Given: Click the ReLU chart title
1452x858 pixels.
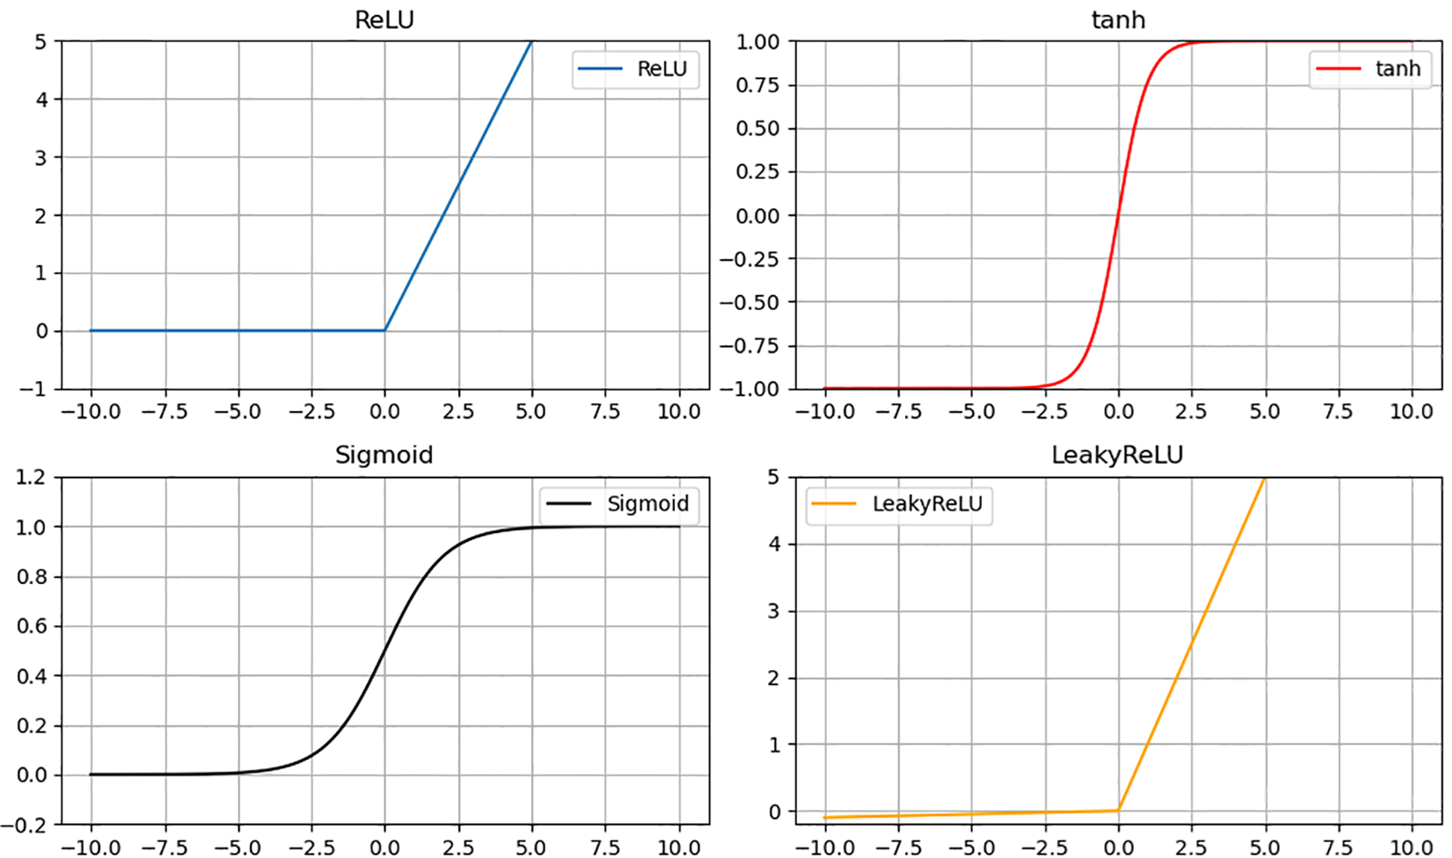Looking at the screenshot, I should (384, 19).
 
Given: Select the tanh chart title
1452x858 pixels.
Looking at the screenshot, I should (1118, 19).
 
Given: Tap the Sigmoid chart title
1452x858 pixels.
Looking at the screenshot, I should (384, 455).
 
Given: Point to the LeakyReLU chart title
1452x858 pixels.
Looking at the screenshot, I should (1117, 455).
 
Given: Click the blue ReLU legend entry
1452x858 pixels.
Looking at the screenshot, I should (635, 69).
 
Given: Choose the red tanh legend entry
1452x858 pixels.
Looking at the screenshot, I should (1369, 69).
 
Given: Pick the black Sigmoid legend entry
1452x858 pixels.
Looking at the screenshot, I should (619, 504).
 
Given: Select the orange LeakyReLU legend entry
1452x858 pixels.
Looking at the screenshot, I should (899, 504).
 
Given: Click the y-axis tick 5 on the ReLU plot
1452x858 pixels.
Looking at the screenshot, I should (41, 42).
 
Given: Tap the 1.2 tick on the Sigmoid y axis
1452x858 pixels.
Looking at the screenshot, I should (30, 478).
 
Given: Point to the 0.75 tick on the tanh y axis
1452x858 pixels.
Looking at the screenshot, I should (758, 85).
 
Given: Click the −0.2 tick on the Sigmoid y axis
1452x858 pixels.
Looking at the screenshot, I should (24, 825).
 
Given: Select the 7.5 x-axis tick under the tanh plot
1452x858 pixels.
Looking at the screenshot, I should (1338, 411).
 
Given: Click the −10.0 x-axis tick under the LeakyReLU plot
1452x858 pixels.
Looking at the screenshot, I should (824, 847).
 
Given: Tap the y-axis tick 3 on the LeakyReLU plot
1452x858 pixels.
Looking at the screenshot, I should (773, 611).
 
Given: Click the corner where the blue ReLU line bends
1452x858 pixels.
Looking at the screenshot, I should (385, 330).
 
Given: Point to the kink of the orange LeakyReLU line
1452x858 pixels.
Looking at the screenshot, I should (1118, 810).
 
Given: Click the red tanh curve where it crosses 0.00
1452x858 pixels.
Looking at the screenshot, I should (1118, 215).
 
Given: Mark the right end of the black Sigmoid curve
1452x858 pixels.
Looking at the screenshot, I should (679, 527).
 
